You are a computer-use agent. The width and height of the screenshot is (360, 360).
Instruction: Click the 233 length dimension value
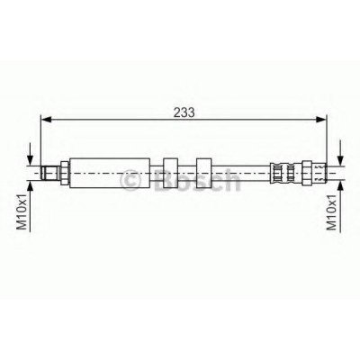pos(184,112)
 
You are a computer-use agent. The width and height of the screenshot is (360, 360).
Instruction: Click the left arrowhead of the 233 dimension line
pos(46,120)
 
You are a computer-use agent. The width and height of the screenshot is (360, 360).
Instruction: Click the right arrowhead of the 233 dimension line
pos(320,120)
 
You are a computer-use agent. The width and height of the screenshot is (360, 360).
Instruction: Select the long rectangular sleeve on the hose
pos(110,173)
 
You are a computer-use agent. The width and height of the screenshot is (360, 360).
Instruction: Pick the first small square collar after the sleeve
pos(170,173)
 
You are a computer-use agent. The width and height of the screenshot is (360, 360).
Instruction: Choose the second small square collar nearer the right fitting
pos(204,173)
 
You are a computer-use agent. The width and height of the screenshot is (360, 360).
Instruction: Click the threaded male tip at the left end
pos(50,173)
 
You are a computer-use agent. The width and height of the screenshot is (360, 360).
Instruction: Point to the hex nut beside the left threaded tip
pos(65,173)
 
